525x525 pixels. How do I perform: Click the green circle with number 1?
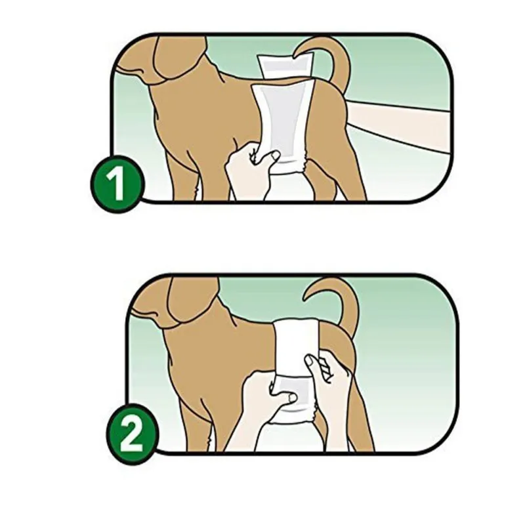pyautogui.click(x=117, y=184)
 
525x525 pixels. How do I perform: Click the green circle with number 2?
pyautogui.click(x=133, y=434)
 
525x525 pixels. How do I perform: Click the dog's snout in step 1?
pyautogui.click(x=134, y=69)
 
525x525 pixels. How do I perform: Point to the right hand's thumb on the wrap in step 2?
pyautogui.click(x=310, y=365)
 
